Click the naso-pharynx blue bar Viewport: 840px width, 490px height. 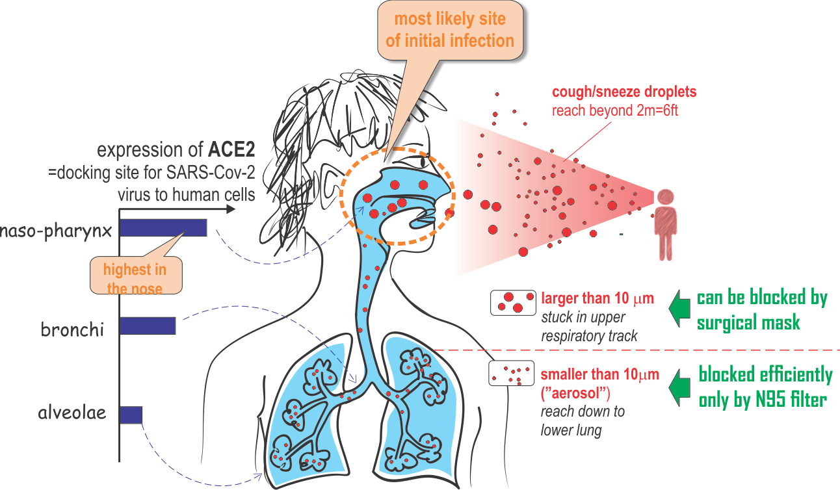click(163, 227)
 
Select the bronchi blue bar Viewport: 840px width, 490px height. click(148, 326)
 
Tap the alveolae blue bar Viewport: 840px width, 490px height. click(131, 415)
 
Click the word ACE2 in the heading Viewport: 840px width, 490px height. click(231, 151)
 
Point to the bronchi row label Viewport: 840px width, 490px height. click(72, 329)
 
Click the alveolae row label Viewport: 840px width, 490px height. click(72, 413)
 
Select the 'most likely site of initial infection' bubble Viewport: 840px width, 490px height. click(450, 32)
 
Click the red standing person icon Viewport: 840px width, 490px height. click(665, 224)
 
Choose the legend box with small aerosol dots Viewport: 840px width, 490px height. click(511, 374)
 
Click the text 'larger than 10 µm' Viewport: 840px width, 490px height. click(597, 299)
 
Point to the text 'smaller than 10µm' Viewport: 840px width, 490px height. click(599, 374)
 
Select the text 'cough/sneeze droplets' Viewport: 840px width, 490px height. click(624, 92)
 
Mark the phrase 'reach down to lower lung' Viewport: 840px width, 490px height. click(583, 420)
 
